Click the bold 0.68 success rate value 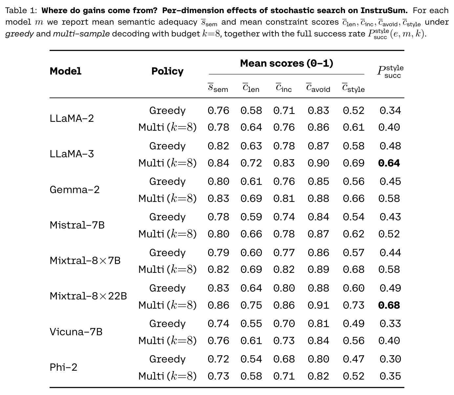[389, 305]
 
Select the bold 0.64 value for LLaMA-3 [389, 163]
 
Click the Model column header [65, 71]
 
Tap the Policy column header [167, 71]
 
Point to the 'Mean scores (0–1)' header [287, 63]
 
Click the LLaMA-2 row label [72, 118]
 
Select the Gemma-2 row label [75, 189]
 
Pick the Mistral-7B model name [77, 225]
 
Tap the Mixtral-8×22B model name [88, 296]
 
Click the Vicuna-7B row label [76, 332]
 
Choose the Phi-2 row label [63, 367]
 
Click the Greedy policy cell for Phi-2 [167, 359]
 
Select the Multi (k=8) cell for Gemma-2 [167, 199]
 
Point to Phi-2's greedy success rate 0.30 [390, 359]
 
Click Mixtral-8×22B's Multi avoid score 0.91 [318, 305]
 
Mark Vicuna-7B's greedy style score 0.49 [354, 323]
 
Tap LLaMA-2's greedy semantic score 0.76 [218, 111]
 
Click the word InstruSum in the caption [384, 11]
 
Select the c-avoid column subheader [318, 88]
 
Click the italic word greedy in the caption [19, 34]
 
